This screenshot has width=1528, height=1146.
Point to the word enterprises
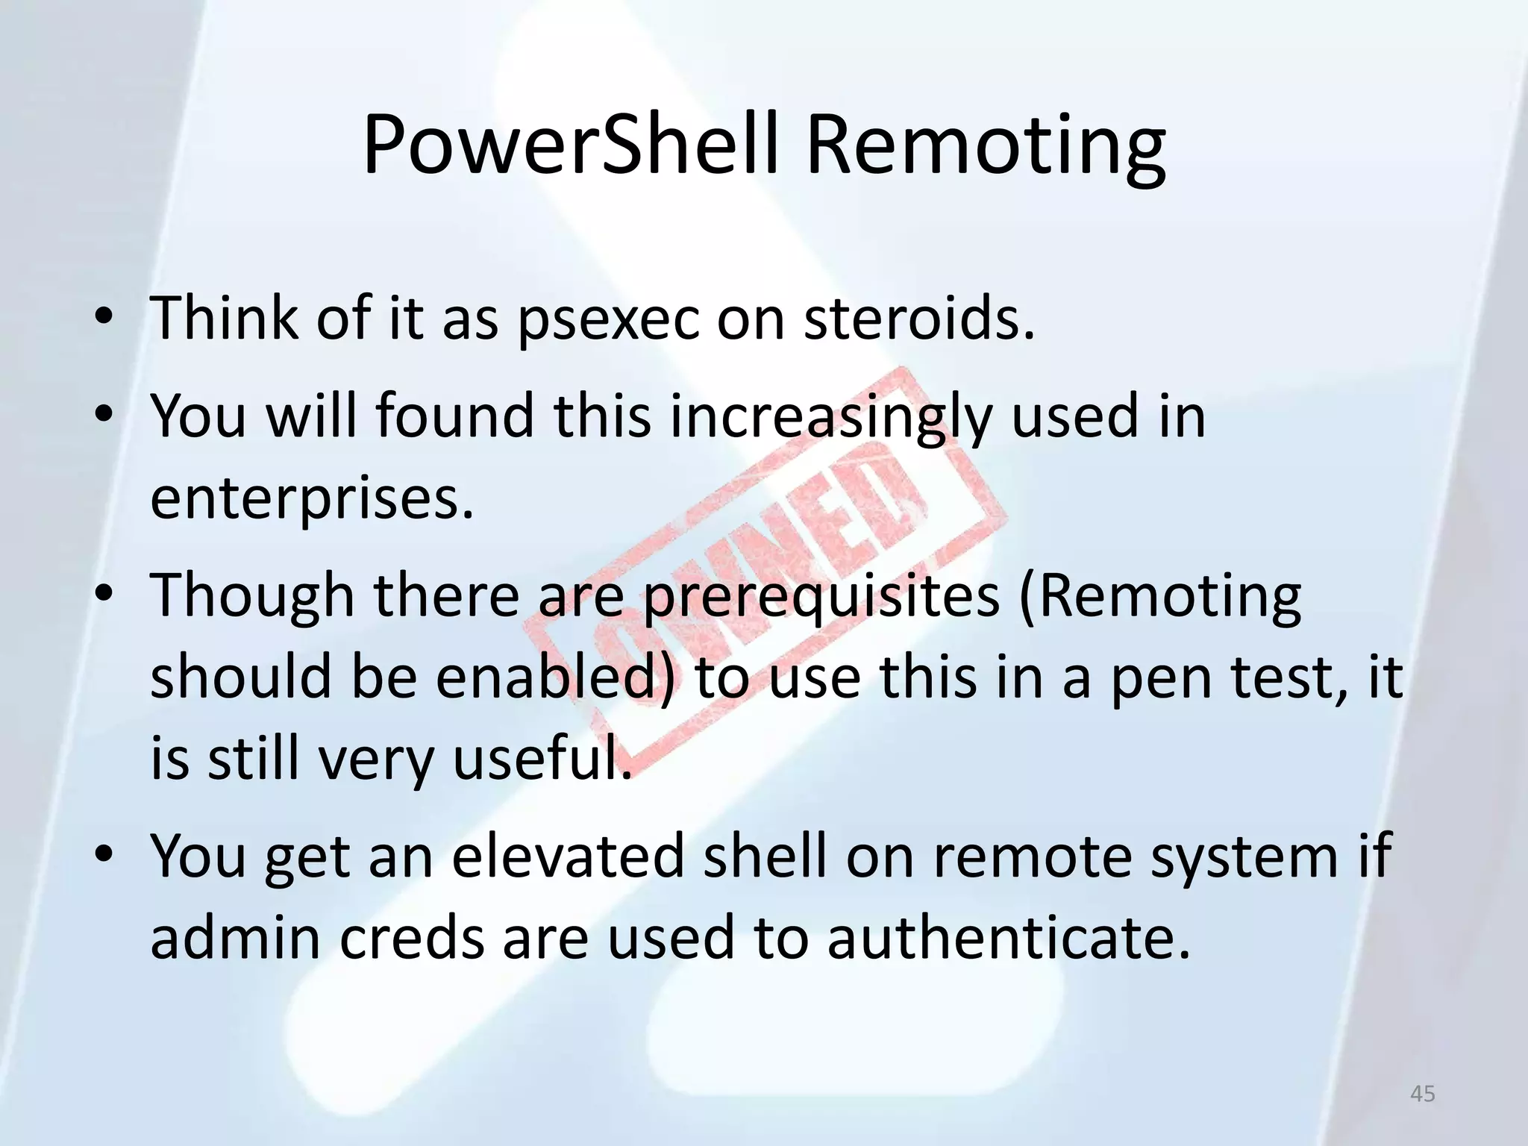click(x=312, y=498)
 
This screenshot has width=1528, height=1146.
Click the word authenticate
click(x=1007, y=938)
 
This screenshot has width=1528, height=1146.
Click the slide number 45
click(x=1423, y=1094)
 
